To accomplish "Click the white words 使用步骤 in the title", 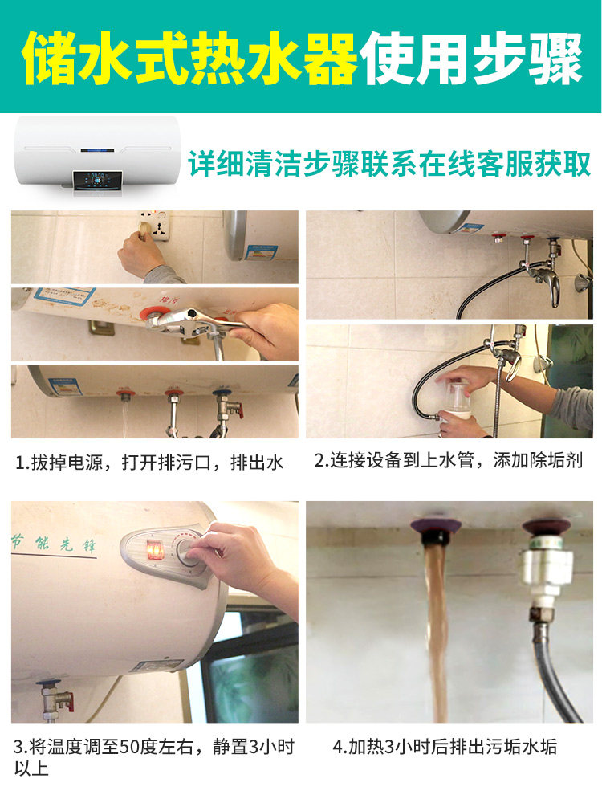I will (x=474, y=59).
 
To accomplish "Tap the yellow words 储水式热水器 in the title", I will (x=190, y=59).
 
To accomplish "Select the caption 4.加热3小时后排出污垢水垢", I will (x=445, y=748).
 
